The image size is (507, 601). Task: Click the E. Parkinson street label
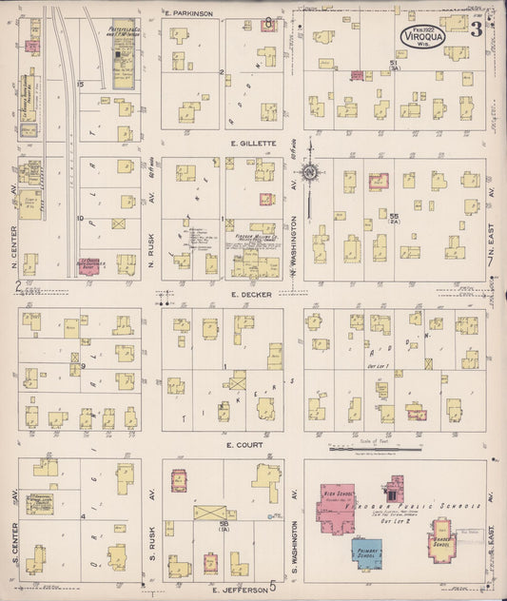(x=187, y=13)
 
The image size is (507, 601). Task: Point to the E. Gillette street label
(x=252, y=144)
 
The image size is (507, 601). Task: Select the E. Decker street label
(x=250, y=295)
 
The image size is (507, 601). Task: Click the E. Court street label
(x=244, y=444)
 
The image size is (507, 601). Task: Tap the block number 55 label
(x=393, y=217)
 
